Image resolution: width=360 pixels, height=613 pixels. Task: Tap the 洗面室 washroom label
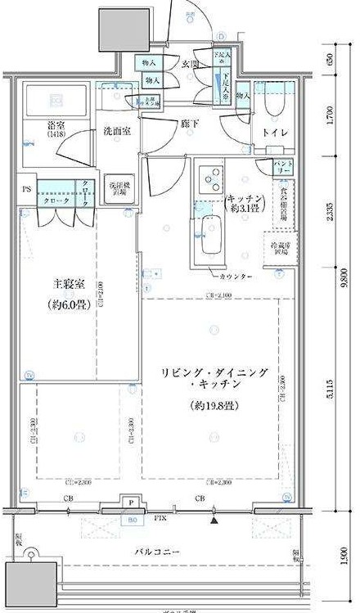119,130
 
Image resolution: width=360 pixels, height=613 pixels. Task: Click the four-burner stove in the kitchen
210,179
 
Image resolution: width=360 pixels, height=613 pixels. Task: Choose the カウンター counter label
236,277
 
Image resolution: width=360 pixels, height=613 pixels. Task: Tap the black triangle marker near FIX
214,519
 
